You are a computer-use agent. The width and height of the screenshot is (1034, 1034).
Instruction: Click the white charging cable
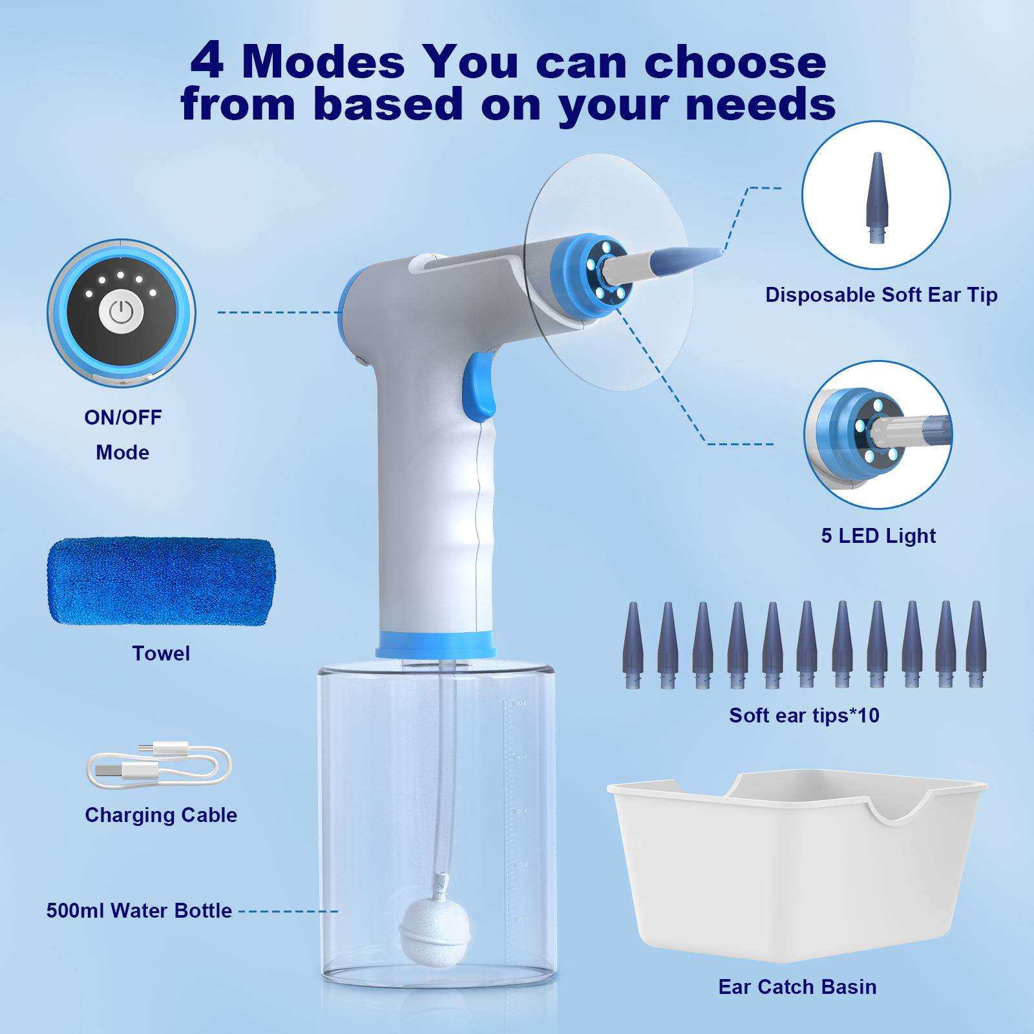(x=158, y=766)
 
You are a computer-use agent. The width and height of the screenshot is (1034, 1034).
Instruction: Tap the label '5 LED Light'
(x=878, y=535)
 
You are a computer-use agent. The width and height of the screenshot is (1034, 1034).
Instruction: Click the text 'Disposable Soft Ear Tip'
(x=881, y=295)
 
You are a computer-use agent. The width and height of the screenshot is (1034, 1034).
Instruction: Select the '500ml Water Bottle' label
(x=139, y=911)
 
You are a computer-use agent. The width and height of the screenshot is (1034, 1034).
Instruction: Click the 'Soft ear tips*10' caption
(x=804, y=715)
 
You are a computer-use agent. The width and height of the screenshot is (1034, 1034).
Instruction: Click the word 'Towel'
(x=161, y=653)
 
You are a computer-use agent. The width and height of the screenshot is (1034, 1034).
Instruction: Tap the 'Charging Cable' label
(x=161, y=815)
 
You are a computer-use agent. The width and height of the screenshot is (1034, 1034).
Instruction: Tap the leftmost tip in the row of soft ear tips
(x=632, y=645)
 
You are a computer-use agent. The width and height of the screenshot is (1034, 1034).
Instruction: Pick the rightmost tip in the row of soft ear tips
(x=976, y=644)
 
